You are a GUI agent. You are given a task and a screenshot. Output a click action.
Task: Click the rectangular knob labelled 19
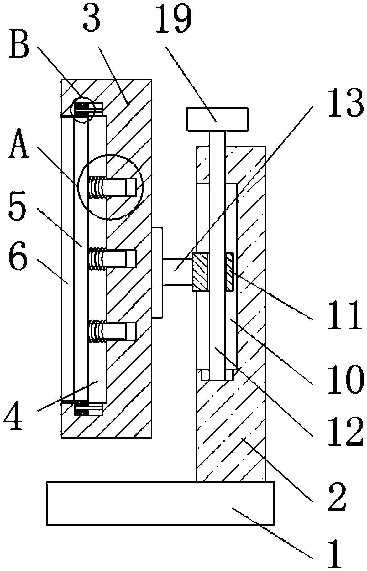(x=217, y=119)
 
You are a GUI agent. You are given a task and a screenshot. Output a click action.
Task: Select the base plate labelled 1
(x=160, y=503)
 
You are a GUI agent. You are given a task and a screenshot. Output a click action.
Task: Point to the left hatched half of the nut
(x=200, y=273)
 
